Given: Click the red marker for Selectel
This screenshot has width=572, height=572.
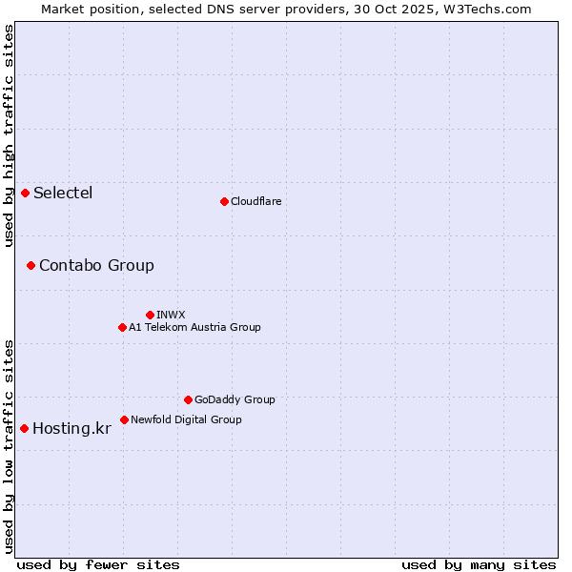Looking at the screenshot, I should (x=25, y=194).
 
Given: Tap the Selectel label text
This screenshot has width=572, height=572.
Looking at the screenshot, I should (x=63, y=194).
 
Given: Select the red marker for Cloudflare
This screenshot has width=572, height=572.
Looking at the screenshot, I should (x=224, y=201).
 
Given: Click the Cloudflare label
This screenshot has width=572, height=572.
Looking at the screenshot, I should (x=255, y=201).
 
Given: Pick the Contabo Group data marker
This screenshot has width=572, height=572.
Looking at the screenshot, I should (x=31, y=265).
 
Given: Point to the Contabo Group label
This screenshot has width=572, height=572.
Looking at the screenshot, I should (x=96, y=265).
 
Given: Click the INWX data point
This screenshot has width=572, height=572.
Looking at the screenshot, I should (x=150, y=315).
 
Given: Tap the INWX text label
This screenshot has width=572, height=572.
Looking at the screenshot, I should (x=171, y=315).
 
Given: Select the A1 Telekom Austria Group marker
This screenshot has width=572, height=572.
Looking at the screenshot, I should (x=122, y=327).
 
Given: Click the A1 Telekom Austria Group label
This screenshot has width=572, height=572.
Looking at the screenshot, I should (x=194, y=327).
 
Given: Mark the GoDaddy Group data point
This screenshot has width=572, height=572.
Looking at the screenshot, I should (x=188, y=399).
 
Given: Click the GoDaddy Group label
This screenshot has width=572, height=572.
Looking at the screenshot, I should (x=235, y=399).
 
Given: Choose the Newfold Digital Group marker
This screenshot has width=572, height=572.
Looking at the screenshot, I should (x=124, y=419).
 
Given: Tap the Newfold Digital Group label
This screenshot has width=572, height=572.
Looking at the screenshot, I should (x=186, y=419).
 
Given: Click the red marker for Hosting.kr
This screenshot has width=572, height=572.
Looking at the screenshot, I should (x=24, y=428).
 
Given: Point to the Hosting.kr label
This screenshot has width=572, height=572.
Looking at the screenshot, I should (x=71, y=428).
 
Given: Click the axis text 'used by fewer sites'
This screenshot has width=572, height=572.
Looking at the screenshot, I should (x=98, y=564).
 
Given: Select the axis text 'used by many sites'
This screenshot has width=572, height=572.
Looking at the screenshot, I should (x=479, y=564).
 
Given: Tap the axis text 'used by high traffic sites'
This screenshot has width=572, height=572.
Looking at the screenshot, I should (x=10, y=136).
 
